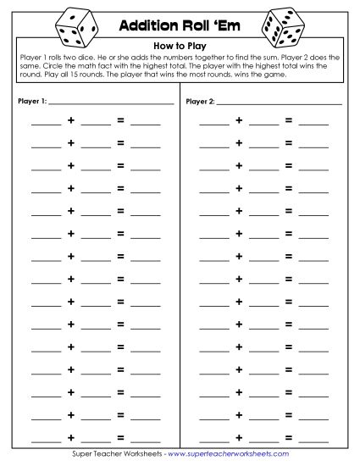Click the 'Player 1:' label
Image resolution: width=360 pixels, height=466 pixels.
pos(31,103)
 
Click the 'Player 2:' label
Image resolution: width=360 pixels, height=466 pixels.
pos(201,103)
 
